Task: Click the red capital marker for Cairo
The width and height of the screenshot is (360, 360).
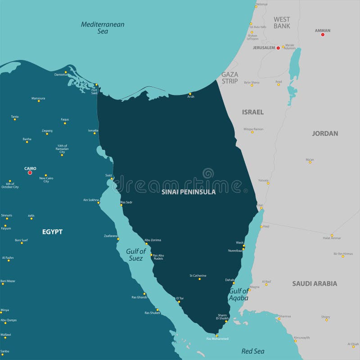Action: (x=30, y=172)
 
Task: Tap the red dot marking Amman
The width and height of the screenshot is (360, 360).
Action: (x=323, y=35)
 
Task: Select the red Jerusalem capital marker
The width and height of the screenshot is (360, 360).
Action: (x=278, y=48)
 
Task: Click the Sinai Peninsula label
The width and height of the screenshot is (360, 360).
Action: (x=189, y=192)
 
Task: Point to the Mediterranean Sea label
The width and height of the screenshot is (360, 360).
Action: (x=103, y=28)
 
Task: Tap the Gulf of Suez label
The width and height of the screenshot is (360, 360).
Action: (x=135, y=255)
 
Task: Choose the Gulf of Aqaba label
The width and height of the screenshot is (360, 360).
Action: (x=238, y=294)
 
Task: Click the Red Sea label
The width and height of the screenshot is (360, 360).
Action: (x=253, y=351)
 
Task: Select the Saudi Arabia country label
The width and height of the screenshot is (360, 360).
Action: (x=315, y=283)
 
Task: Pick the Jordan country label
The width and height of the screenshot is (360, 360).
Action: (x=325, y=133)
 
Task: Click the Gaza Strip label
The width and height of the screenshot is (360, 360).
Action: (x=230, y=78)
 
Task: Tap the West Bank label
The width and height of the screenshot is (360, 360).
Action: (x=282, y=22)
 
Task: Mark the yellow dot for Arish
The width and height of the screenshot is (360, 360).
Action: (x=190, y=94)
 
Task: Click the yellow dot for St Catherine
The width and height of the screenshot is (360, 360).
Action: (x=200, y=279)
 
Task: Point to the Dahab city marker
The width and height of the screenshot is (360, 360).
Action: (x=234, y=283)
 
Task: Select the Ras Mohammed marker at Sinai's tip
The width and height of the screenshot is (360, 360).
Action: (x=216, y=335)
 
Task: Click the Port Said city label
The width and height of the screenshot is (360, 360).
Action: (x=94, y=91)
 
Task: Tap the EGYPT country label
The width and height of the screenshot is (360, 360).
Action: (x=52, y=232)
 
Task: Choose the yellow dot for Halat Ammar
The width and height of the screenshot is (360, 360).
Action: (x=332, y=235)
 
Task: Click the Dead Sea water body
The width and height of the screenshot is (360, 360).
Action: (x=295, y=65)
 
